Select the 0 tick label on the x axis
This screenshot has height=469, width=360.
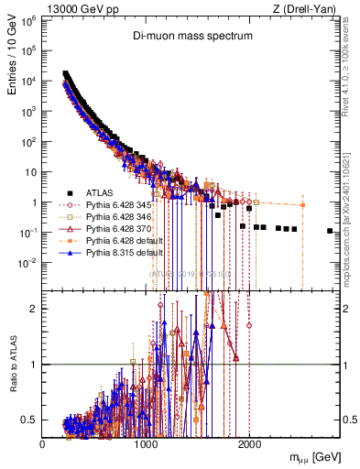point(43,443)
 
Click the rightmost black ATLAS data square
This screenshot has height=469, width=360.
point(330,231)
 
